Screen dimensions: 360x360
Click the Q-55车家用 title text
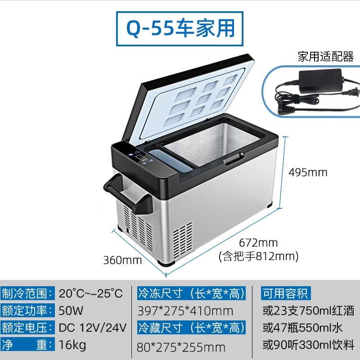(x=180, y=28)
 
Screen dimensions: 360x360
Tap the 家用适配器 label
(x=325, y=57)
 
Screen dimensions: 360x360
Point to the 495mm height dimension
(x=308, y=172)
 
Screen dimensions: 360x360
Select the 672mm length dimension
(x=258, y=243)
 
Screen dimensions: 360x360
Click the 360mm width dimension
(x=122, y=260)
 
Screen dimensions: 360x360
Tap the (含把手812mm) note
(x=258, y=256)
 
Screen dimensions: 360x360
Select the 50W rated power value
(x=71, y=310)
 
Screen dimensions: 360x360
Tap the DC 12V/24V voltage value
(x=93, y=328)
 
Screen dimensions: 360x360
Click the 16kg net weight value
(x=72, y=345)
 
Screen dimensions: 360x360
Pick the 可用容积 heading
(x=286, y=293)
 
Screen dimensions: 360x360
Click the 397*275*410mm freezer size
(x=185, y=311)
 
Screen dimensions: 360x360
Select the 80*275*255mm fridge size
(x=181, y=347)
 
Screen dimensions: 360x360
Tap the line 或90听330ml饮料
(x=308, y=345)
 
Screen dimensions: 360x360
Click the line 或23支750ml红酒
(x=308, y=310)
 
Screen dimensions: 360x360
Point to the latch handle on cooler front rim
(x=234, y=159)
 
